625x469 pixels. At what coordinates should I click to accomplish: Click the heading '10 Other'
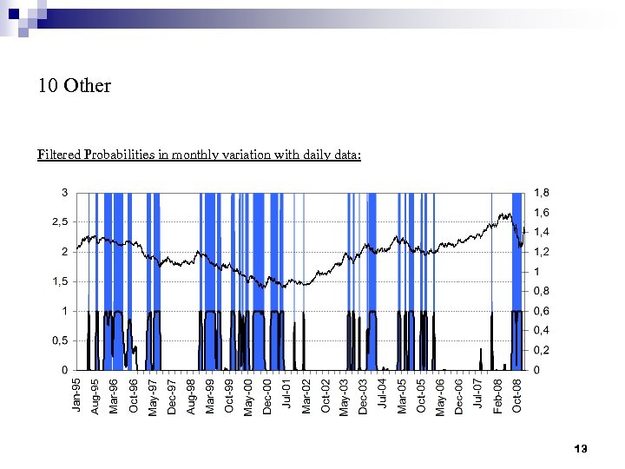75,86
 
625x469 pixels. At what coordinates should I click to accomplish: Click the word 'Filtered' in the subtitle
59,155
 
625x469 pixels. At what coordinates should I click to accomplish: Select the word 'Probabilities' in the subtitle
120,155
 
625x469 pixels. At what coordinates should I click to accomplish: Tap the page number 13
581,449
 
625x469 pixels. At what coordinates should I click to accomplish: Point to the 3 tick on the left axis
64,192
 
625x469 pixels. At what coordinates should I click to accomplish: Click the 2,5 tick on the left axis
60,222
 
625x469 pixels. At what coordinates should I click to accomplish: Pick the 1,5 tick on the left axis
60,281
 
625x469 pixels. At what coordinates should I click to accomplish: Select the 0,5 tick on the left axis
60,340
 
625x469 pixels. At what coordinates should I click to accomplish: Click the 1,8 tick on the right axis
541,193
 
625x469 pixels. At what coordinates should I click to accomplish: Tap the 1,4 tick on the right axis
541,232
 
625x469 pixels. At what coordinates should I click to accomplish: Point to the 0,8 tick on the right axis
541,291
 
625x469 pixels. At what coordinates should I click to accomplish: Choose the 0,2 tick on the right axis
541,350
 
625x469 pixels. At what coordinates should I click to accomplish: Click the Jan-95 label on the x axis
76,395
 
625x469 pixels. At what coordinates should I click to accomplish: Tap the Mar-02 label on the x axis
306,395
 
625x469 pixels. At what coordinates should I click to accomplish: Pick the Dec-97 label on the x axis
172,395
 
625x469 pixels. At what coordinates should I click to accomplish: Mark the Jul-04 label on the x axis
382,395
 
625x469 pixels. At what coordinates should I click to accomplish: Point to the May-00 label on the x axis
248,395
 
